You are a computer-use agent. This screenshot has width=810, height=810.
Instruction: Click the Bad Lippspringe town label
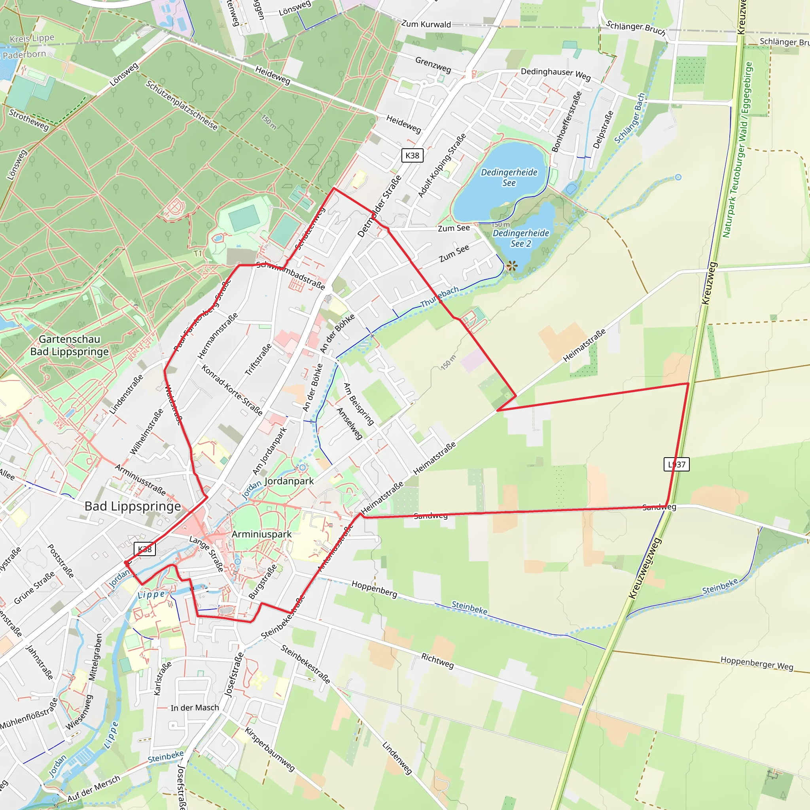point(132,507)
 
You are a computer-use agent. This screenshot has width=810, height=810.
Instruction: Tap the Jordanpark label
point(289,481)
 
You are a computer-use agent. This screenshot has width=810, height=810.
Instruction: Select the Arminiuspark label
point(261,534)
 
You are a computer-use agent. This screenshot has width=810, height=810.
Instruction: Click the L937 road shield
point(676,465)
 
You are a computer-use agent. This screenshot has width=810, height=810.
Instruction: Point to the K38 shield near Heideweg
point(412,155)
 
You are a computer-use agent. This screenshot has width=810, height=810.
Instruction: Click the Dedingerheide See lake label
point(509,177)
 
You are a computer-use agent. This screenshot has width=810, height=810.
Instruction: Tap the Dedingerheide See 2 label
point(521,238)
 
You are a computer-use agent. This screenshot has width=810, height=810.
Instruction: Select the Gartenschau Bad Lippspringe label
point(70,345)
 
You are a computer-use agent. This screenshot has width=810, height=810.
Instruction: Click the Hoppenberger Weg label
point(757,663)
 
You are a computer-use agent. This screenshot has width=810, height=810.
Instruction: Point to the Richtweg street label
point(437,661)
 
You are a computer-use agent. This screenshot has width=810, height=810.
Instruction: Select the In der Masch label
point(195,708)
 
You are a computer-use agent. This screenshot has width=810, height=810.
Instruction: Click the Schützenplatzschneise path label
point(182,105)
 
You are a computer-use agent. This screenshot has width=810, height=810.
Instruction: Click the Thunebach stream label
point(439,296)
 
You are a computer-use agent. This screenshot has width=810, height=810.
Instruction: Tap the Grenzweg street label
point(433,64)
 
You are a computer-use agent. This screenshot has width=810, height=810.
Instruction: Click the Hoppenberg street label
point(374,589)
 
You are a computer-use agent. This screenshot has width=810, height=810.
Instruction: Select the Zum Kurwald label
point(426,24)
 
